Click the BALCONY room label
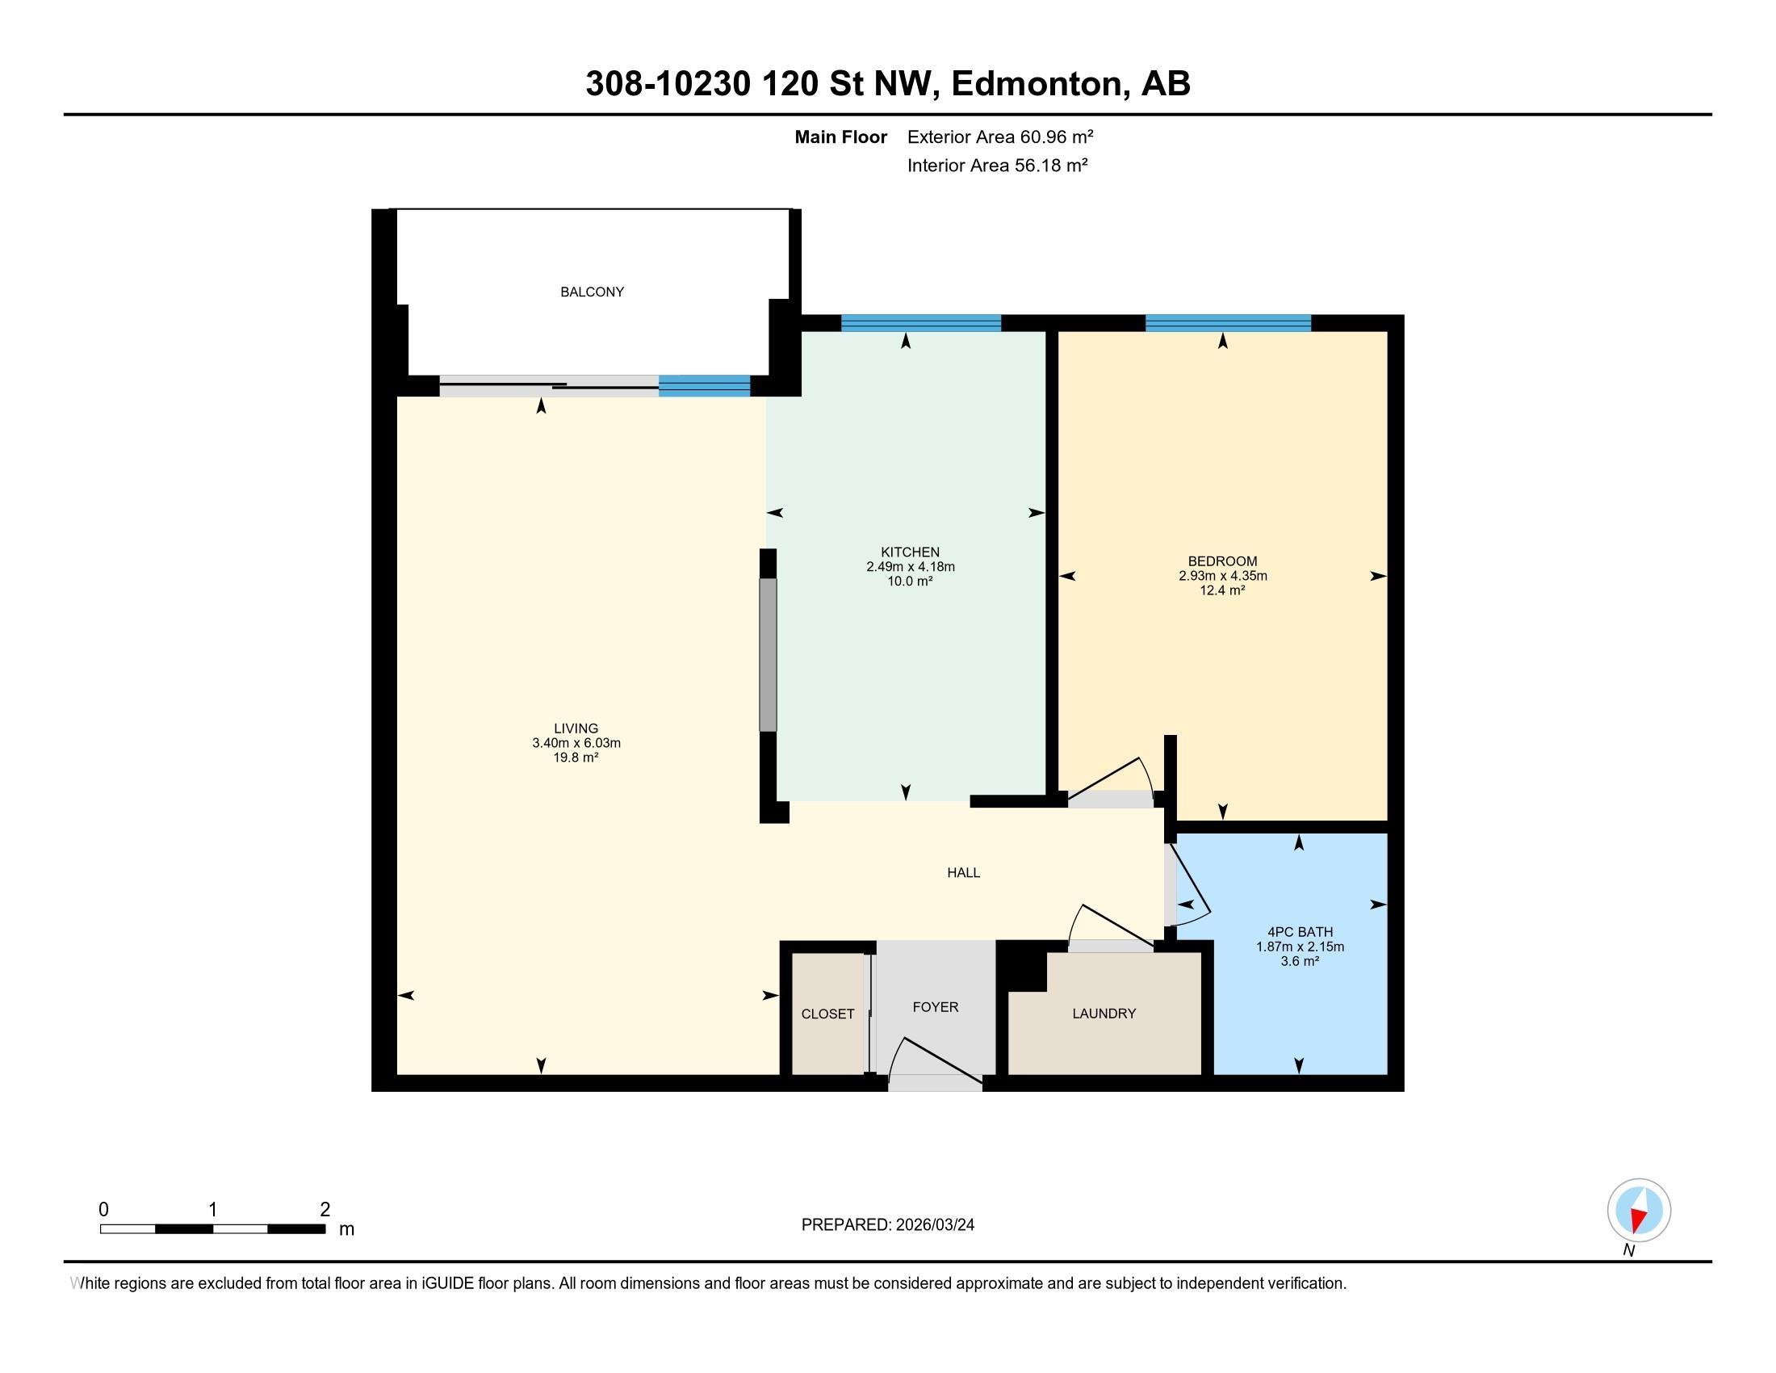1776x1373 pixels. (x=592, y=292)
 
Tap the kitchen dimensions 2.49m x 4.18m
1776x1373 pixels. (x=910, y=567)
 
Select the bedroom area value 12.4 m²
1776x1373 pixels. (x=1222, y=590)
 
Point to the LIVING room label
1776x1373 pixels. (x=576, y=728)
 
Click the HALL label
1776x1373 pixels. (x=964, y=873)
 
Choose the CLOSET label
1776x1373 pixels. (x=827, y=1014)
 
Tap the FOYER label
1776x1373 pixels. (x=935, y=1007)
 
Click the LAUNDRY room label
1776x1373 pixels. (x=1104, y=1014)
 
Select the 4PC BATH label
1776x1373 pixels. (x=1300, y=932)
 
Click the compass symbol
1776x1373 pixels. (x=1639, y=1211)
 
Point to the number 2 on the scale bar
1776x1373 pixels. (x=325, y=1210)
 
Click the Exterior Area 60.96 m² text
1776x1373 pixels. (x=1000, y=136)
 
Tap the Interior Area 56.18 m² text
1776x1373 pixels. (x=998, y=165)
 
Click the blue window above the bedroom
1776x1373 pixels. (x=1228, y=323)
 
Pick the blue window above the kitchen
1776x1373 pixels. (x=920, y=323)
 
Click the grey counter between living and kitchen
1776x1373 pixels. (x=768, y=655)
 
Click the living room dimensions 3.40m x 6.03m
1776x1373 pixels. (x=576, y=743)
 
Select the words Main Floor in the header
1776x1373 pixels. (x=841, y=136)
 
